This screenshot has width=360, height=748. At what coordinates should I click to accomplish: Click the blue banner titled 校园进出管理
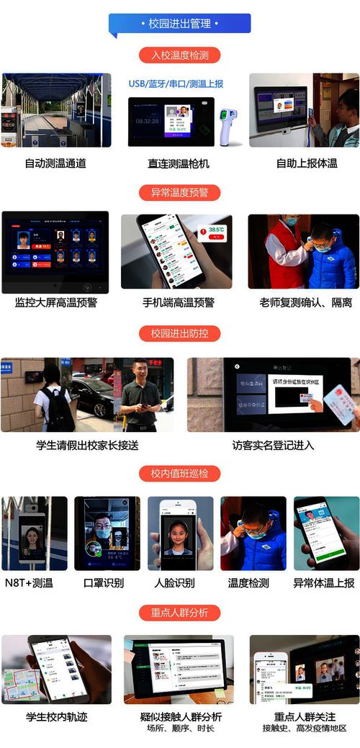[180, 24]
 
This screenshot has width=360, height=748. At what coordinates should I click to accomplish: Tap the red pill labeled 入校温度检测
[180, 55]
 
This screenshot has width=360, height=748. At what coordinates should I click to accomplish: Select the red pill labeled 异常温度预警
[180, 192]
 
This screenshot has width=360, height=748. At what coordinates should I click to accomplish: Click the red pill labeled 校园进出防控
[180, 333]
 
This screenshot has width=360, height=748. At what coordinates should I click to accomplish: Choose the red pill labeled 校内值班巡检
[180, 473]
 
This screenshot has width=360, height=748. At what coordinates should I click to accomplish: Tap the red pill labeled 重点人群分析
[180, 612]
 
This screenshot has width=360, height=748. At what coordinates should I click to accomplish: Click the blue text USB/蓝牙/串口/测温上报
[176, 84]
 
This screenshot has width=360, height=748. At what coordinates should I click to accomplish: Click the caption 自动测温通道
[55, 163]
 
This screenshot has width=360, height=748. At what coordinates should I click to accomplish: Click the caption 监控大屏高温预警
[55, 302]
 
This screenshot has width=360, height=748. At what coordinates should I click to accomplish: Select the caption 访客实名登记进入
[274, 445]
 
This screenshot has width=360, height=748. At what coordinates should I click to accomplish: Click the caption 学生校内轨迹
[56, 716]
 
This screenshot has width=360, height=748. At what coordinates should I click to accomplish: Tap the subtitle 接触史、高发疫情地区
[305, 728]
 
